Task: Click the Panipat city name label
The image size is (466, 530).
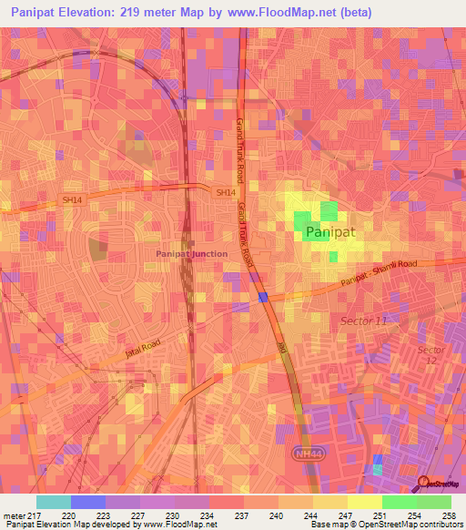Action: [329, 233]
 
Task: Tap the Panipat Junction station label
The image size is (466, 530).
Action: [191, 253]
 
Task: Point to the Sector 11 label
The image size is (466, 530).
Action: [364, 322]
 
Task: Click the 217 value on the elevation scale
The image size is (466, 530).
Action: [36, 515]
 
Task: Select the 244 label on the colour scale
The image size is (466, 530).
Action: [311, 515]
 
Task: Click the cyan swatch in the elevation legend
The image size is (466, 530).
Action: [54, 502]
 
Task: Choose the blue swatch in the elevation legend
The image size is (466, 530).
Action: [88, 502]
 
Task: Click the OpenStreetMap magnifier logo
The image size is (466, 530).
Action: [422, 484]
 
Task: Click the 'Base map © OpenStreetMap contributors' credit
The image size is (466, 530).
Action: [386, 525]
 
